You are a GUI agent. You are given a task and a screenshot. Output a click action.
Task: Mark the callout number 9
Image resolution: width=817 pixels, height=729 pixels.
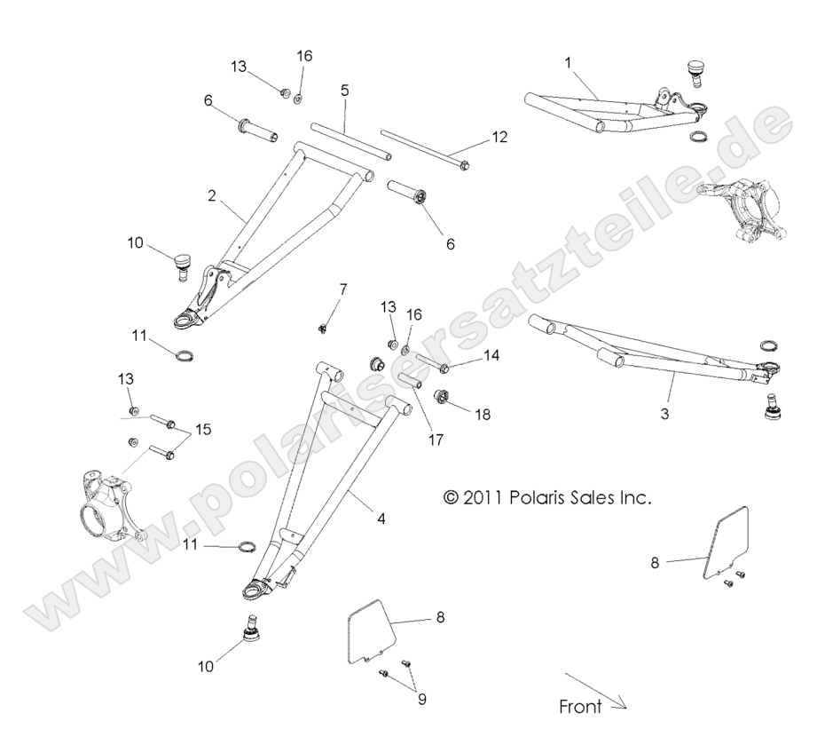click(x=421, y=699)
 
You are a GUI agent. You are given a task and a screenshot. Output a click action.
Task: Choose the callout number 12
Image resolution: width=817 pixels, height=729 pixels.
click(x=499, y=138)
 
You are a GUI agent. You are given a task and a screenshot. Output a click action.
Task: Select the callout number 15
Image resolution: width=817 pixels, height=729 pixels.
click(x=203, y=431)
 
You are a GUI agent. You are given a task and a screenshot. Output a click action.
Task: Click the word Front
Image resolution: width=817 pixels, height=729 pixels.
click(x=580, y=708)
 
